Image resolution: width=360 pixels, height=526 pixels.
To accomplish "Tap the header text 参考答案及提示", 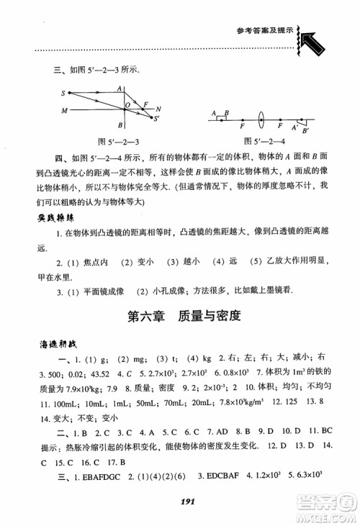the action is click(x=265, y=30).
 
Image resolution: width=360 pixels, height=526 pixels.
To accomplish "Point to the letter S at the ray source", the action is click(x=63, y=93).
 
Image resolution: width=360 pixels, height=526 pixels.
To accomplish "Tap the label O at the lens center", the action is click(x=127, y=105).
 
